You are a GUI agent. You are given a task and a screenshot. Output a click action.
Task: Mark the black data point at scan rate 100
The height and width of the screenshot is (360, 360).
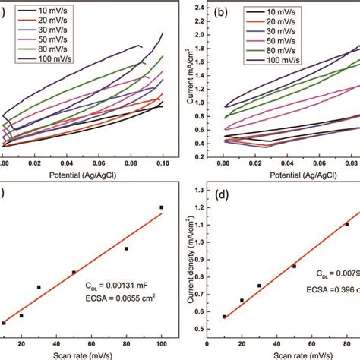click(161, 207)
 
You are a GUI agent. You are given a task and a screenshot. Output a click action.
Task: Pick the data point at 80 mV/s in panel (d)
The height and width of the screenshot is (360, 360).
click(347, 224)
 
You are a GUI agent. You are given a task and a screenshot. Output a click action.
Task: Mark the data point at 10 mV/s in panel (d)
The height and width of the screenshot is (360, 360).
click(224, 317)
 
